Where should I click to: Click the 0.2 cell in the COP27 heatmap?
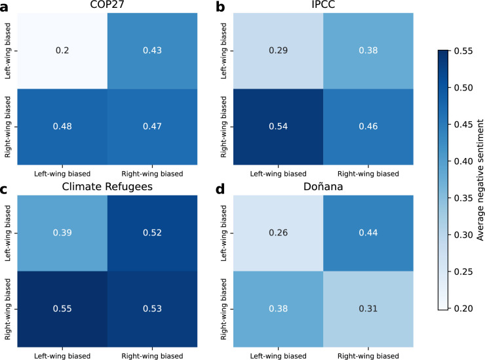tap(62, 50)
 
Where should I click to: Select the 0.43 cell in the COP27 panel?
tap(152, 50)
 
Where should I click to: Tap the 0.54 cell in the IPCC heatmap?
tap(278, 127)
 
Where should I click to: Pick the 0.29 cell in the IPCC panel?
tap(278, 50)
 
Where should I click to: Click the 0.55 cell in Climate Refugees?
tap(62, 309)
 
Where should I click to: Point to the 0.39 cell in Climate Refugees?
tap(62, 233)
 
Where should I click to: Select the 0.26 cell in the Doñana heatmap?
tap(278, 233)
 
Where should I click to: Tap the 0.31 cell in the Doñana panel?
tap(368, 309)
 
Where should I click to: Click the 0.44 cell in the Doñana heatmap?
tap(368, 233)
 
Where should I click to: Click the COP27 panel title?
tap(107, 5)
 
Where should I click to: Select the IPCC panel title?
tap(323, 5)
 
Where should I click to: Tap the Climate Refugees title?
tap(107, 187)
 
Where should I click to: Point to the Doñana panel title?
tap(323, 187)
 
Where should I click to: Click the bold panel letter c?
tap(4, 189)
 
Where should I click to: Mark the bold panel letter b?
tap(220, 6)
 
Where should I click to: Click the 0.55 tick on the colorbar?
tap(463, 50)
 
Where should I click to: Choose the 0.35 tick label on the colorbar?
tap(463, 198)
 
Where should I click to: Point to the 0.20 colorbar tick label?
tap(463, 308)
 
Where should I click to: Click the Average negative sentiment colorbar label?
tap(480, 180)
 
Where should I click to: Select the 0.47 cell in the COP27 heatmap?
tap(152, 127)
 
